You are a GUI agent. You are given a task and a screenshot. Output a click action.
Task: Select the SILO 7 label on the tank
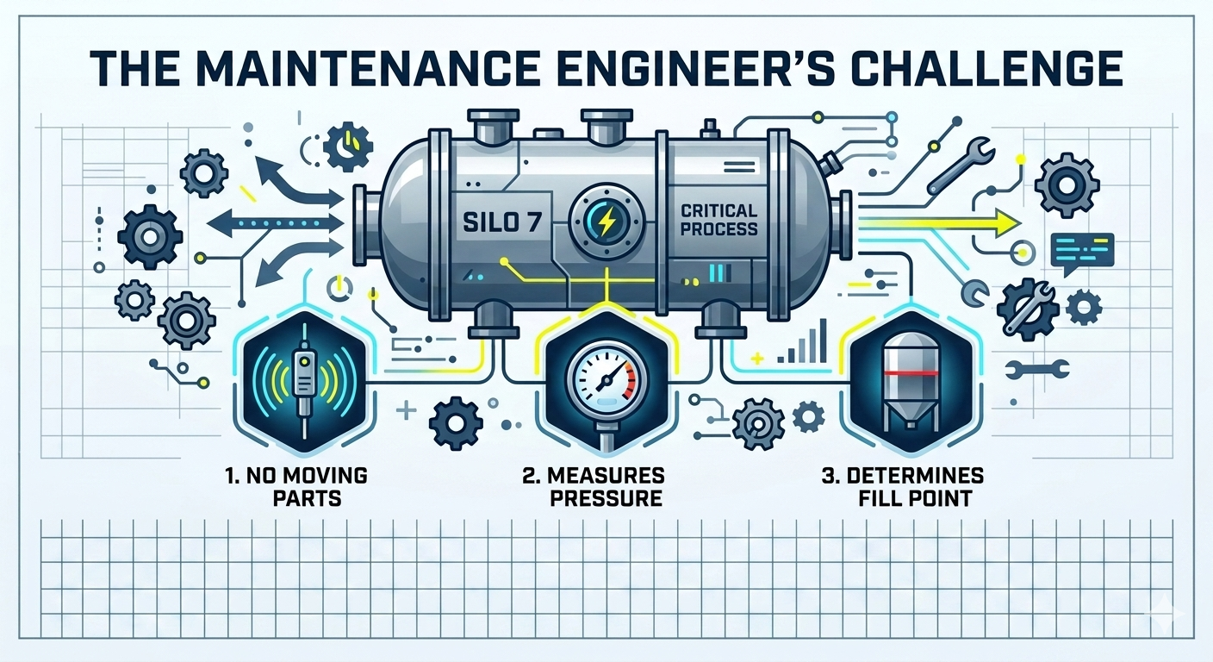pyautogui.click(x=502, y=222)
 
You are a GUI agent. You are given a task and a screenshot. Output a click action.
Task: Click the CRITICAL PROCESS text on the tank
pyautogui.click(x=718, y=220)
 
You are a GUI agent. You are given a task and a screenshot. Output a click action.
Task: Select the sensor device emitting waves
pyautogui.click(x=305, y=379)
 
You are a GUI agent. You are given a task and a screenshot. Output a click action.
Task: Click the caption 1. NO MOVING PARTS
pyautogui.click(x=296, y=486)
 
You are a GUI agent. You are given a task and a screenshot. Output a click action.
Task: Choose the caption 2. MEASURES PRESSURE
pyautogui.click(x=594, y=486)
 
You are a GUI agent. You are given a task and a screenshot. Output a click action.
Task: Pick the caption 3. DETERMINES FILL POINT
pyautogui.click(x=903, y=486)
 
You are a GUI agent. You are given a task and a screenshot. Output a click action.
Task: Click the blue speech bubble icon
pyautogui.click(x=1082, y=253)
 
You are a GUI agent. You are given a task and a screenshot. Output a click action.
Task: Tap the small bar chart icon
pyautogui.click(x=803, y=341)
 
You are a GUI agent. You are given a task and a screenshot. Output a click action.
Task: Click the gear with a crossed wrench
pyautogui.click(x=1027, y=309)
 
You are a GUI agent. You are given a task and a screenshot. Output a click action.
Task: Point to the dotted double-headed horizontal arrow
pyautogui.click(x=275, y=222)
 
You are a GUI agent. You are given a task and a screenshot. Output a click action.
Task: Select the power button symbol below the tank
pyautogui.click(x=340, y=288)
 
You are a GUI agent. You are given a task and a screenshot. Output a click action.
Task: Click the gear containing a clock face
pyautogui.click(x=348, y=147)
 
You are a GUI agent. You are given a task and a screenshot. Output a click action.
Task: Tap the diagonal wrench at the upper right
pyautogui.click(x=961, y=165)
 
